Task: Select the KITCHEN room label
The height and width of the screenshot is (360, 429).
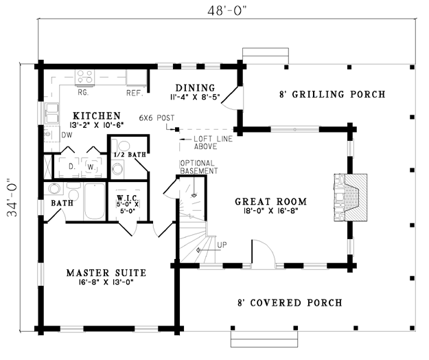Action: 97,115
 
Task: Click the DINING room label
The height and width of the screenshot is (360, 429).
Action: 195,88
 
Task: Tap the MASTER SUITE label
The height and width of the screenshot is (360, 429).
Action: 106,273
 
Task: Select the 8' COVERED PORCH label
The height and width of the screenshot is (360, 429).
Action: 289,302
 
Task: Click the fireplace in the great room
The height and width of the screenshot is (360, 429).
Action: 352,197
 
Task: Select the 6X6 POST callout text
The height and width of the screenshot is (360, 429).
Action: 156,117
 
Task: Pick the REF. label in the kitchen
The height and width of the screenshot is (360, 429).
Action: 134,92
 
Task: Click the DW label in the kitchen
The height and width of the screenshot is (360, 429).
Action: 67,135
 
